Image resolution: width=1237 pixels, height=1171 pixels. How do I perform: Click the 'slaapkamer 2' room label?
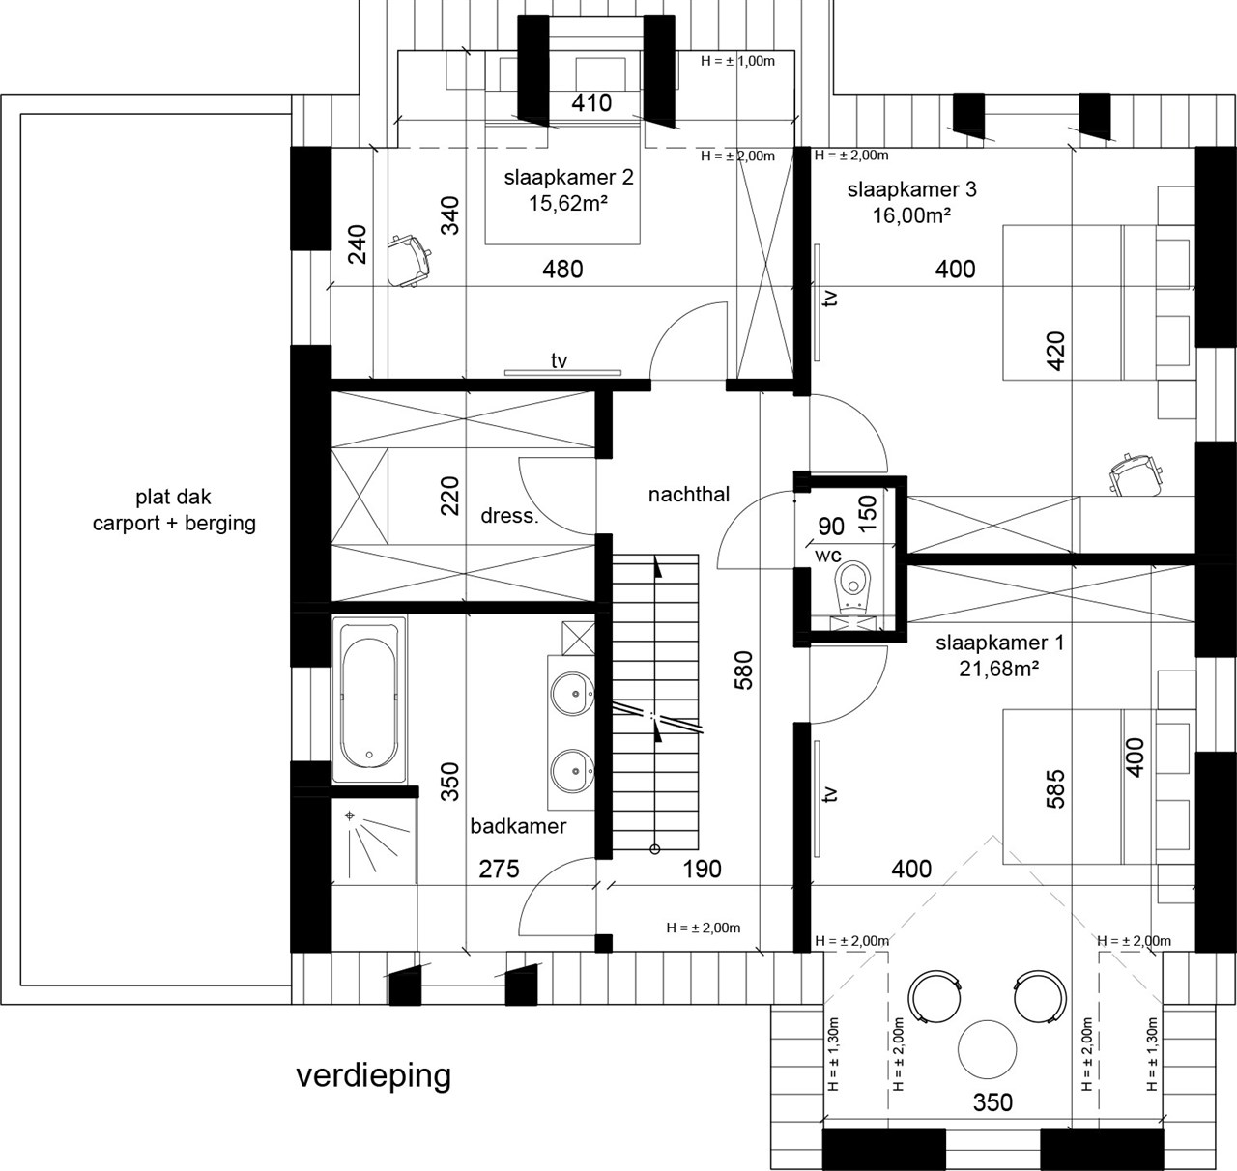(568, 178)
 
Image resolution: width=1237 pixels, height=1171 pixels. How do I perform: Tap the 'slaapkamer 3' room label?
(911, 189)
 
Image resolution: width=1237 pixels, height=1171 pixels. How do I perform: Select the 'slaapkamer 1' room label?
(999, 643)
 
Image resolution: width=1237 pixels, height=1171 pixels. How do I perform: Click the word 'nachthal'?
(688, 495)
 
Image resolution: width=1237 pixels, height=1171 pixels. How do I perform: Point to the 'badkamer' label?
(518, 826)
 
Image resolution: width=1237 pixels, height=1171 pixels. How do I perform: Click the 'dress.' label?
(509, 516)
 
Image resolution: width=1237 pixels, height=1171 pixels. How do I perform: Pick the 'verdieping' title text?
(373, 1075)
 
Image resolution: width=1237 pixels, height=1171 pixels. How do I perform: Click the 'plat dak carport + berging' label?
(174, 511)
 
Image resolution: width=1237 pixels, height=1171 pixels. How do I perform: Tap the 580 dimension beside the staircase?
(743, 670)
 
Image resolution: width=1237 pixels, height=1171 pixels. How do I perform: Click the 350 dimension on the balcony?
(992, 1102)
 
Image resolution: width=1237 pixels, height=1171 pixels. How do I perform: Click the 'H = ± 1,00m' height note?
(737, 61)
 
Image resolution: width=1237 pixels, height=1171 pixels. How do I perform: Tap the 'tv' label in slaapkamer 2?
(559, 360)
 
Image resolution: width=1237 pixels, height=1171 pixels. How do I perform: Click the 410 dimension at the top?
(591, 102)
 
